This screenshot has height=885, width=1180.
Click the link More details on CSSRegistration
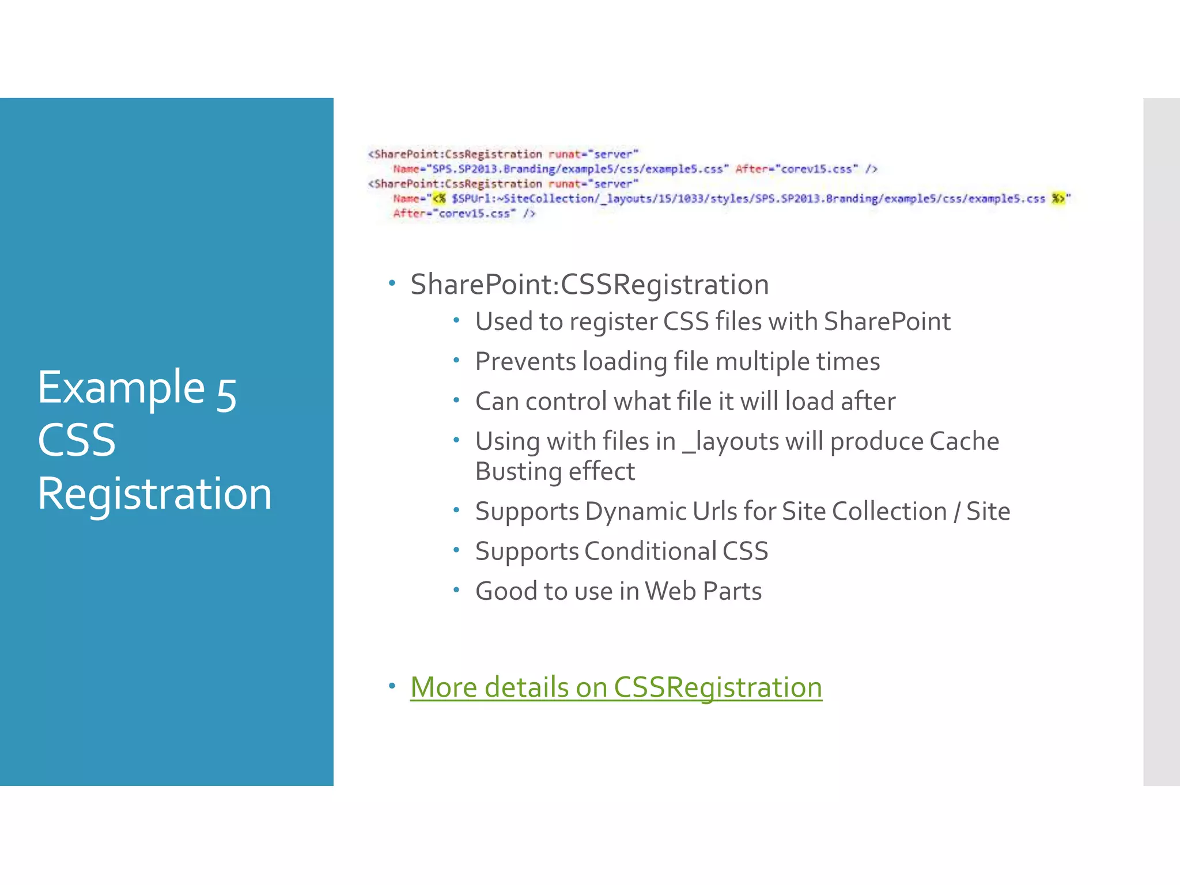click(615, 687)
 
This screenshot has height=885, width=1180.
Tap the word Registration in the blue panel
click(154, 494)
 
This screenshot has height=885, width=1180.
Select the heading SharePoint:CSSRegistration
click(589, 285)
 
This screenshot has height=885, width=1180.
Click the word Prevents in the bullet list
click(525, 362)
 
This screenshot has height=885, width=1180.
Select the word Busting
click(517, 472)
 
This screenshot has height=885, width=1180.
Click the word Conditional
click(650, 551)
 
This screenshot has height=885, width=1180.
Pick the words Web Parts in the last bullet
click(703, 591)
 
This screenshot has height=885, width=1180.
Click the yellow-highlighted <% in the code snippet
click(440, 199)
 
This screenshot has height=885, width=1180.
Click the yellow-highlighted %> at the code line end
click(1057, 199)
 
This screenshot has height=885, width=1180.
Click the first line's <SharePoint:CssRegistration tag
click(455, 154)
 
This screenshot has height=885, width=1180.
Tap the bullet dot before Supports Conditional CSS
click(456, 550)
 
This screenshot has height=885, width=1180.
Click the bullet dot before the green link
click(392, 686)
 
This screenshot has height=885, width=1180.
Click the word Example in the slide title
click(121, 388)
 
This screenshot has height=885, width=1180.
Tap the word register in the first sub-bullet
click(612, 322)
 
